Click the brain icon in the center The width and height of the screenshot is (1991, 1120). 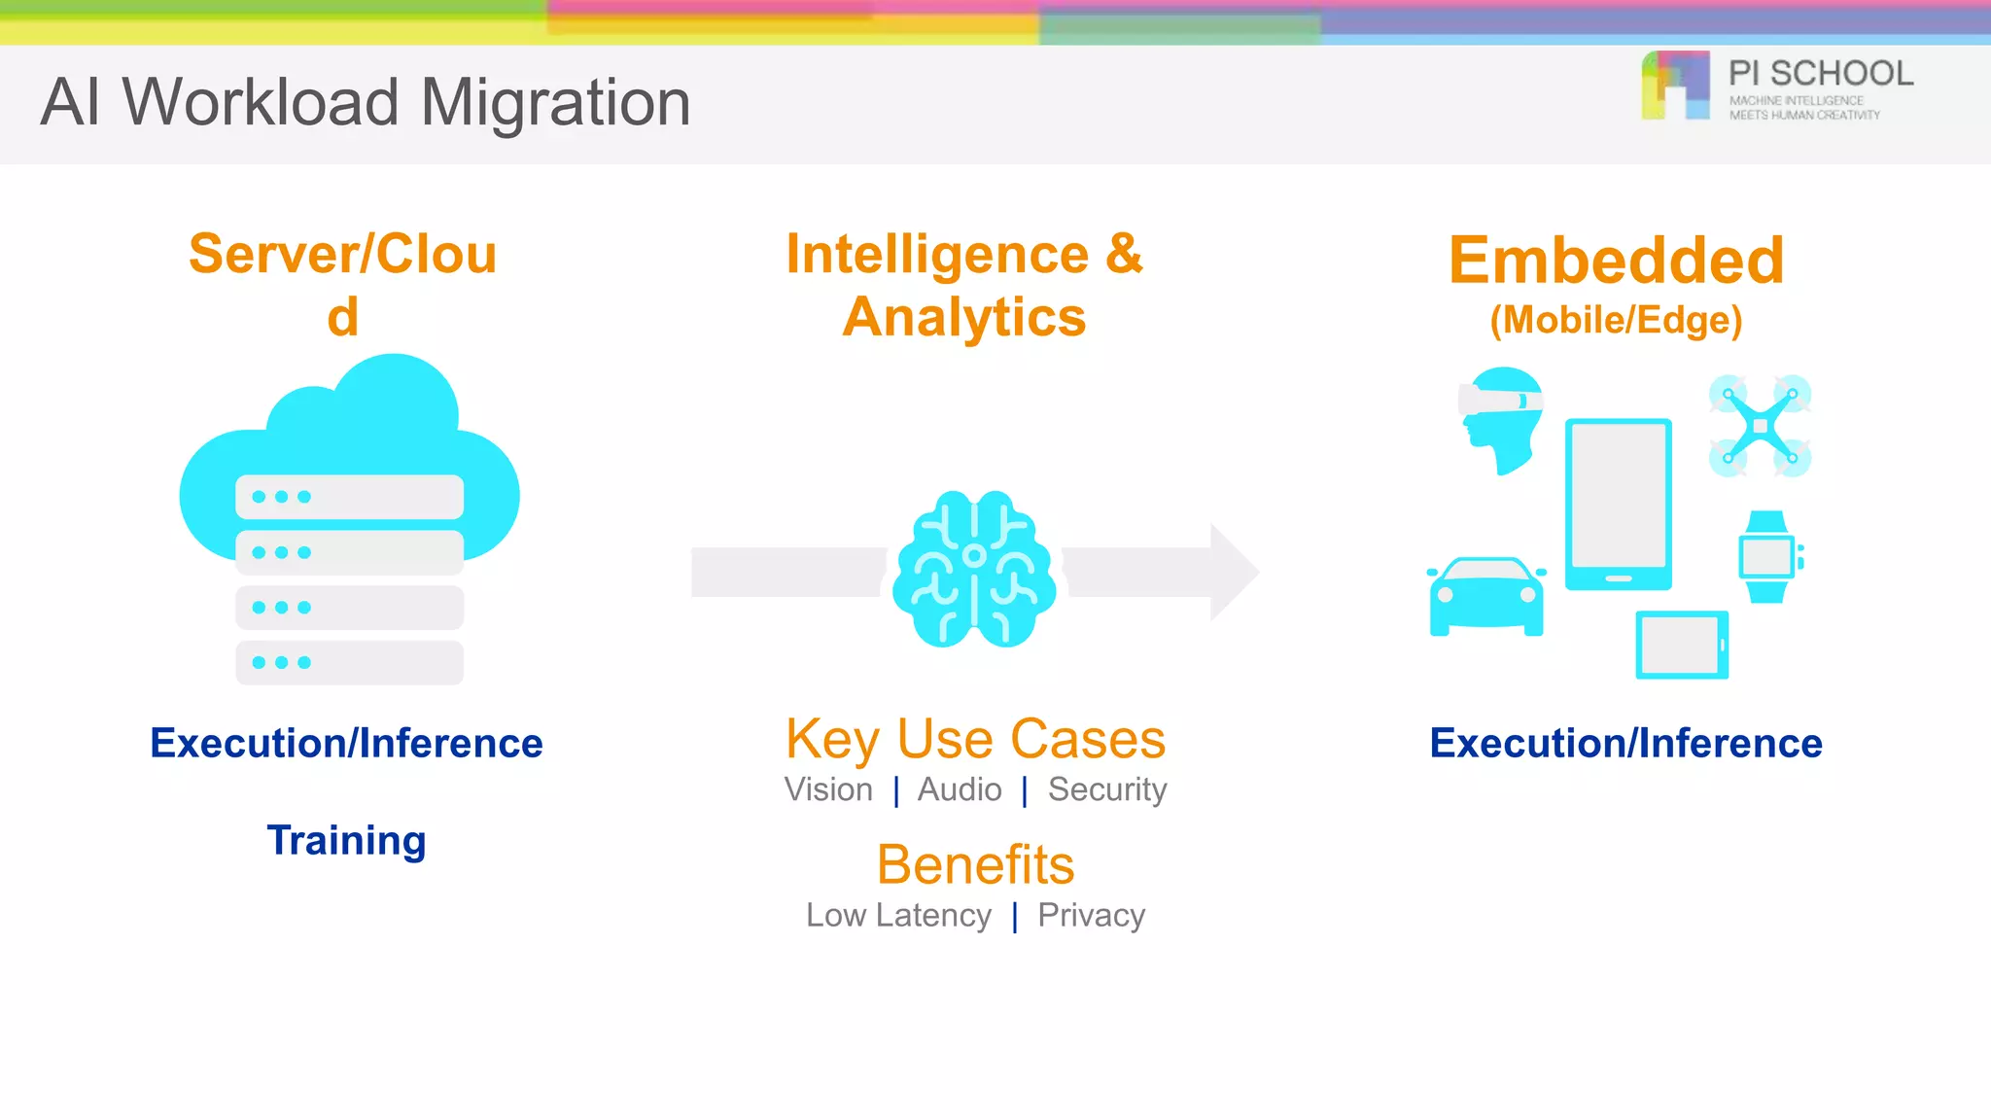[974, 570]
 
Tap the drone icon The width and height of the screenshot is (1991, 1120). [1760, 426]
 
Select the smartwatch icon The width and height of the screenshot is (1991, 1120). [1767, 557]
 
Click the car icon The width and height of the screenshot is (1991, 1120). [1485, 596]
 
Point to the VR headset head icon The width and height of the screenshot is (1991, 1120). [1503, 418]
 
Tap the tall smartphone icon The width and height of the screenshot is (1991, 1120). [1618, 504]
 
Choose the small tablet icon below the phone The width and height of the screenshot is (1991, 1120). [1682, 645]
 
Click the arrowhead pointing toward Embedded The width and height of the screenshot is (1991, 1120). [1233, 572]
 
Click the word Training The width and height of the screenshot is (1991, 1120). [346, 840]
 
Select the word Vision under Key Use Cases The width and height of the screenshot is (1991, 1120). [828, 789]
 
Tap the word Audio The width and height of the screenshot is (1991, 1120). [960, 789]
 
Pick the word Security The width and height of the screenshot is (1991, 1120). [1107, 789]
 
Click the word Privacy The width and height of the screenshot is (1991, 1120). [1091, 915]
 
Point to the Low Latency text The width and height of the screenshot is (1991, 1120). [898, 915]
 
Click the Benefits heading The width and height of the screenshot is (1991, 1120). [975, 864]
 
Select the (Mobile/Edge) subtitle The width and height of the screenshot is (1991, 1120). [1616, 320]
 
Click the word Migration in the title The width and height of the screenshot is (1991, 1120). [555, 102]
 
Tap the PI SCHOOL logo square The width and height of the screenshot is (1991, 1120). [1675, 86]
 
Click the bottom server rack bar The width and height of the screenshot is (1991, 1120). [349, 663]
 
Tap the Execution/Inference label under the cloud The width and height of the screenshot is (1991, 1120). [346, 743]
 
